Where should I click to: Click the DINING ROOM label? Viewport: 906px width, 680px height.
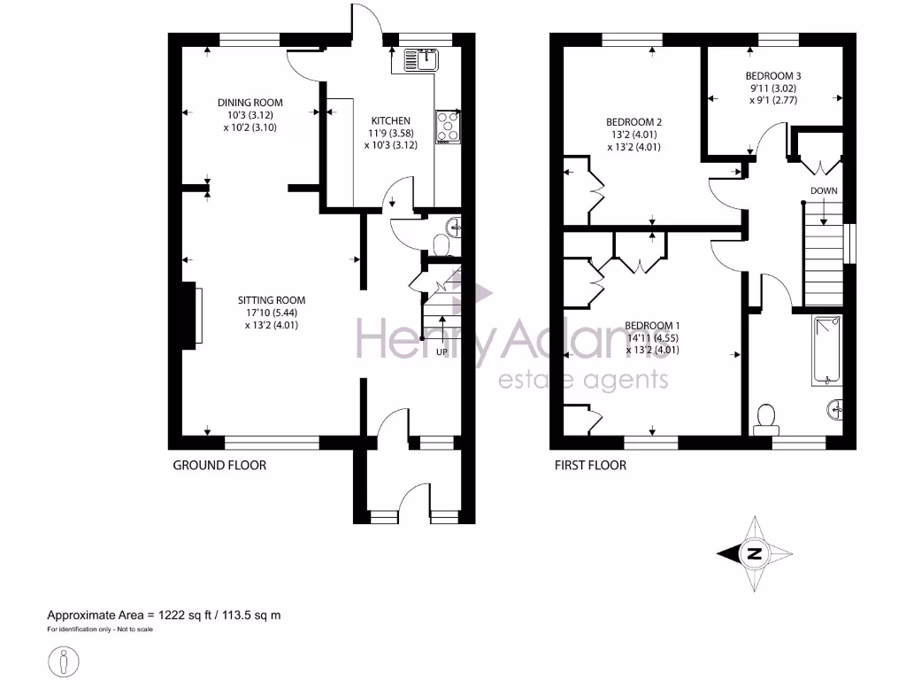coord(250,103)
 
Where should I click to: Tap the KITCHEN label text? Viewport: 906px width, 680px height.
coord(390,121)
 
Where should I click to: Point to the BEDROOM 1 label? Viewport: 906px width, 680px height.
coord(652,325)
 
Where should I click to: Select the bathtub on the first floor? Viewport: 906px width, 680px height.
coord(826,351)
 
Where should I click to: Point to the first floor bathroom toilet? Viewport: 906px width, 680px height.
coord(765,418)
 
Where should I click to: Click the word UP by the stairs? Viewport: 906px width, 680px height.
coord(441,352)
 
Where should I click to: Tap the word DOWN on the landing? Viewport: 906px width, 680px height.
coord(823,190)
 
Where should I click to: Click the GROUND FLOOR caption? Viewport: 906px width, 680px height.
coord(219,465)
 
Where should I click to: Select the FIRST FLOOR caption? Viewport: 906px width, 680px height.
coord(590,465)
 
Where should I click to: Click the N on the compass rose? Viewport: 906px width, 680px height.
coord(755,554)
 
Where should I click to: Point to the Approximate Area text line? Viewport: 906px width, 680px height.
coord(164,614)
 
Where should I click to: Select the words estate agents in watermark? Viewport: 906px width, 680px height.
coord(583,380)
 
